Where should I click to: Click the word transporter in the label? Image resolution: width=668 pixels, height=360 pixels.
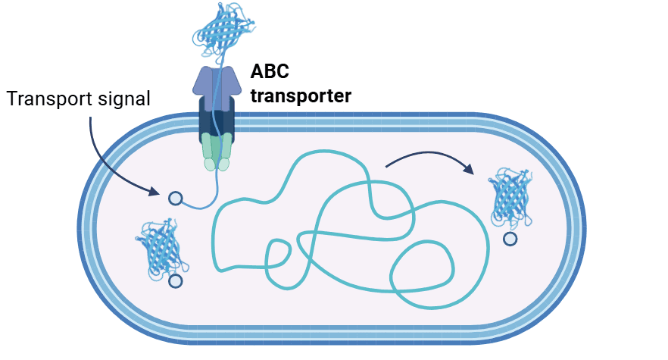(301, 96)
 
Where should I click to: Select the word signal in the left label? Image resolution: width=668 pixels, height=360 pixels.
(123, 99)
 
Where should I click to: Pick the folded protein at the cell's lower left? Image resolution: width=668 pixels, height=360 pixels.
(163, 248)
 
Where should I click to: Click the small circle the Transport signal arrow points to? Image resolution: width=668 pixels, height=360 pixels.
(175, 199)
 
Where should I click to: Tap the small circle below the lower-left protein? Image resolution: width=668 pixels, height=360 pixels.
(176, 281)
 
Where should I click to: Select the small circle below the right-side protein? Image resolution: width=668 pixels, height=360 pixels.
(510, 239)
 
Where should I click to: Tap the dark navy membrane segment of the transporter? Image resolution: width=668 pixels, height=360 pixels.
(217, 117)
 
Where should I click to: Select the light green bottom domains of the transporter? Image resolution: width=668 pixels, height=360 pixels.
(217, 152)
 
